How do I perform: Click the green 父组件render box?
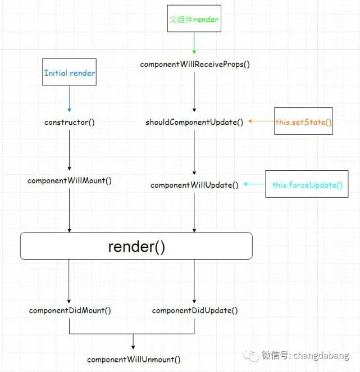click(x=194, y=20)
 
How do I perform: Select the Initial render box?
click(x=70, y=73)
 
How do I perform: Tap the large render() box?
click(x=136, y=246)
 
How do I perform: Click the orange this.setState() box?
click(x=304, y=121)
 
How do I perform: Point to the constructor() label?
click(x=70, y=122)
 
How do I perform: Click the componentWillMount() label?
click(x=70, y=181)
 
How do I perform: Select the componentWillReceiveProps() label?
click(x=195, y=64)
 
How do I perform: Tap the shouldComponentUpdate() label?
click(x=194, y=122)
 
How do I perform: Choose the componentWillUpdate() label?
click(x=194, y=184)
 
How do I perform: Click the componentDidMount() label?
click(x=70, y=310)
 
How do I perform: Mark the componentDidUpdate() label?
click(x=194, y=310)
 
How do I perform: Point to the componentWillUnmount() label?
click(x=134, y=359)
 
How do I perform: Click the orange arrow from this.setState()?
click(x=261, y=121)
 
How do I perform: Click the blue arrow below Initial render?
click(x=69, y=98)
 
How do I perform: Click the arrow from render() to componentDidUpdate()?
click(x=194, y=281)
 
